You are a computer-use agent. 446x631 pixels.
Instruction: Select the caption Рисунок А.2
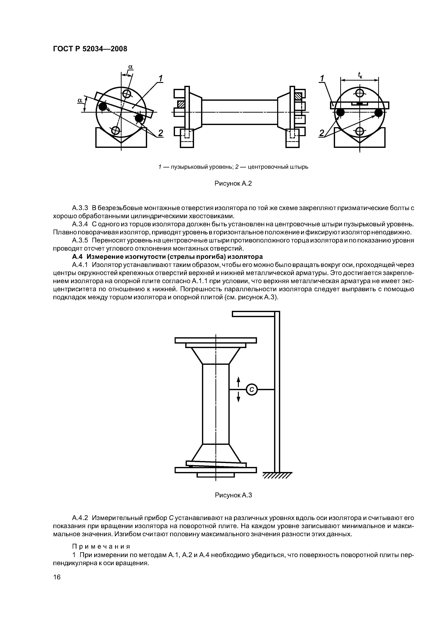(233, 183)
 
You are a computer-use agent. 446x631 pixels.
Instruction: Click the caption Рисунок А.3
(233, 495)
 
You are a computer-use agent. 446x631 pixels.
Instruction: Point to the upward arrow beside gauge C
(238, 381)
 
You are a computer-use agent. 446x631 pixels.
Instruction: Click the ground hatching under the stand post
(277, 476)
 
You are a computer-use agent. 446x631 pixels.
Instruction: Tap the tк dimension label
(360, 75)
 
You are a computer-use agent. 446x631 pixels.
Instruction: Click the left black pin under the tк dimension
(340, 112)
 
